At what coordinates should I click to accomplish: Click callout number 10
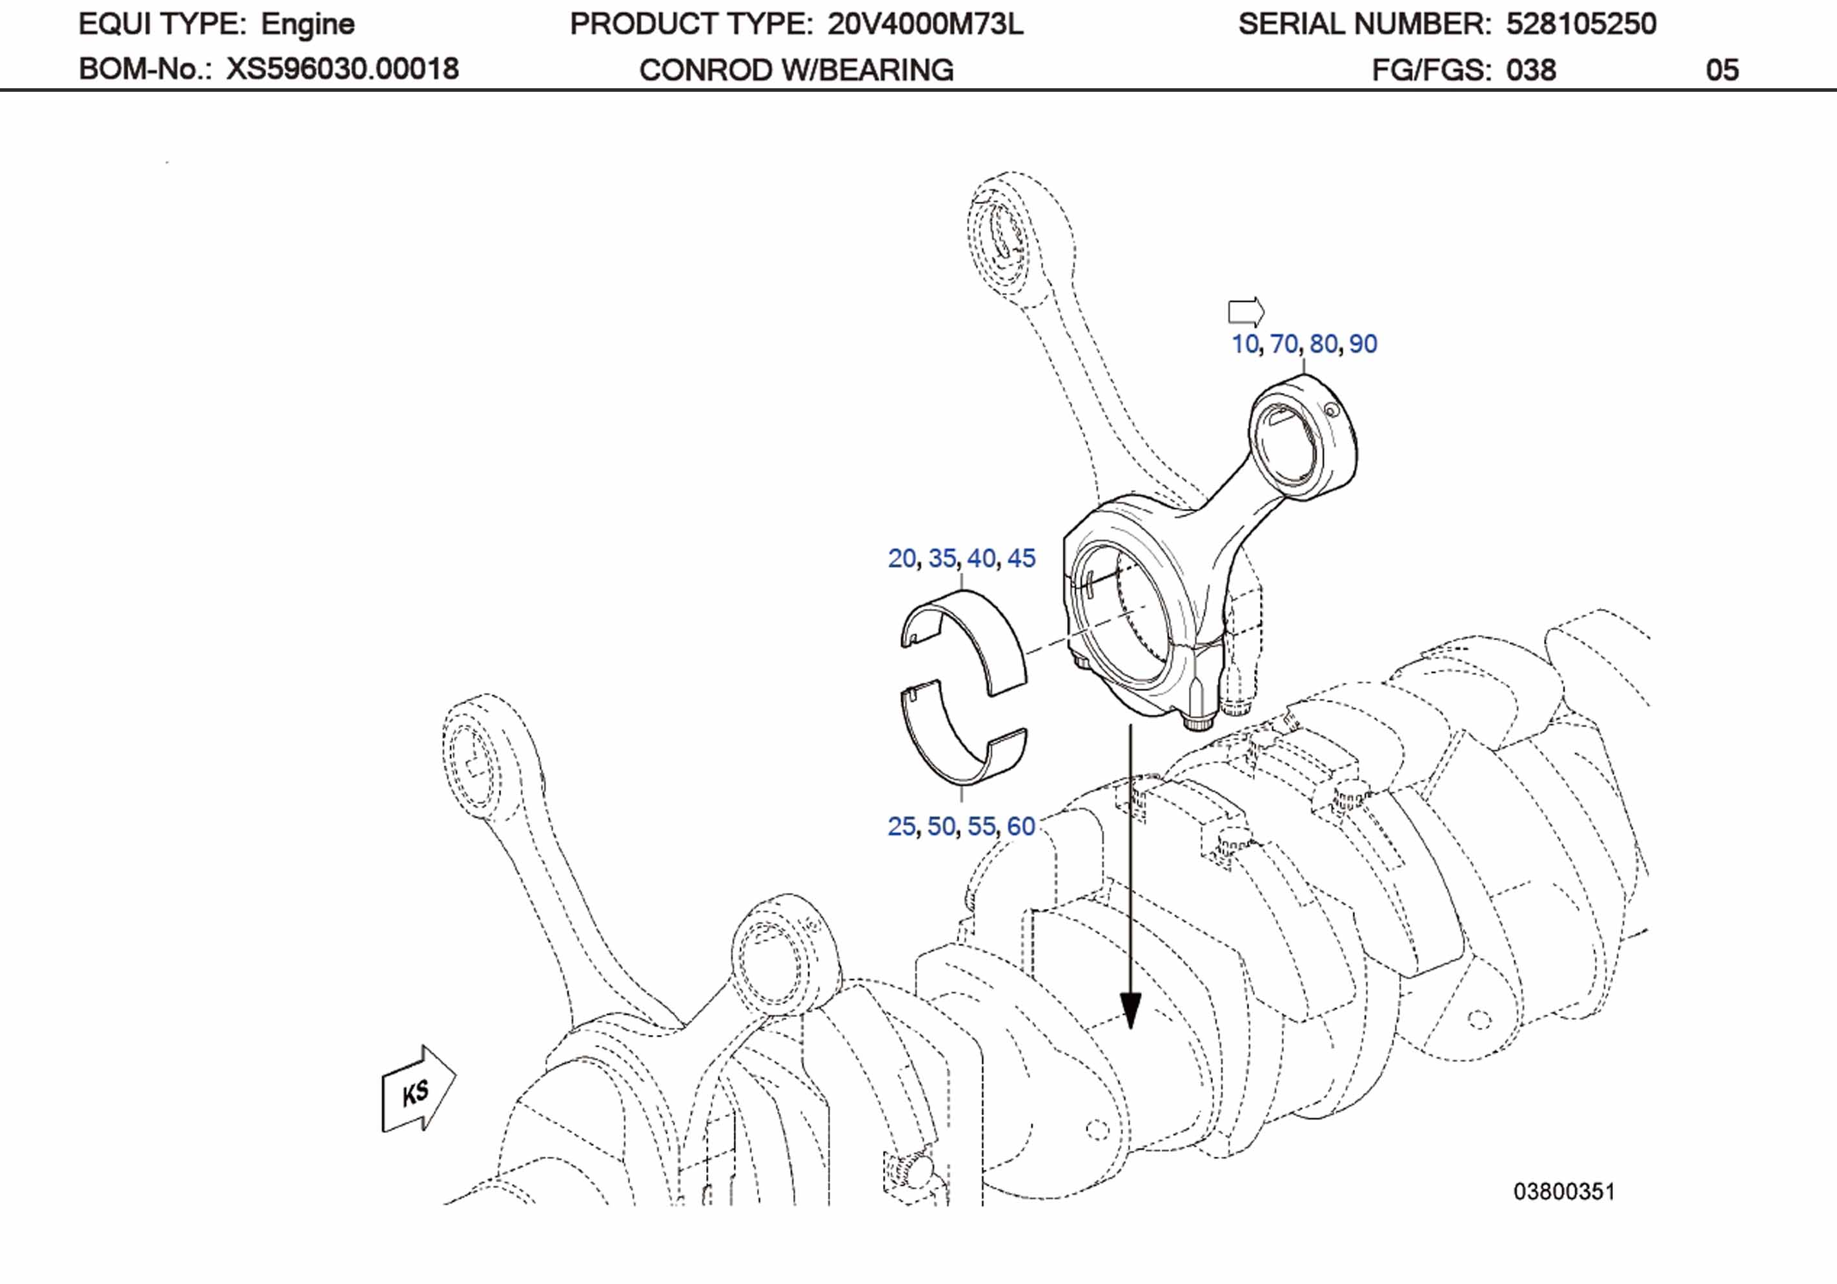click(1244, 344)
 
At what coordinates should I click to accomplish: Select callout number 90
click(1363, 344)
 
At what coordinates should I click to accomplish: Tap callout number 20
click(902, 558)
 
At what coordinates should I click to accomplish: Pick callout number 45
click(1021, 558)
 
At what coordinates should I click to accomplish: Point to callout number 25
click(902, 827)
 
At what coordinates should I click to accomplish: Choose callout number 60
click(1021, 827)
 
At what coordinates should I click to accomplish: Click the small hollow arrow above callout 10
click(1246, 311)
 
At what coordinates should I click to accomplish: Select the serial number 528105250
click(1581, 25)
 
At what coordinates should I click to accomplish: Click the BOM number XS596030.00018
click(343, 70)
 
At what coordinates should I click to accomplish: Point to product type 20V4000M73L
click(925, 25)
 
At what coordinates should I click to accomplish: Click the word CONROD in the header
click(705, 70)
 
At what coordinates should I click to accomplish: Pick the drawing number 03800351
click(1564, 1192)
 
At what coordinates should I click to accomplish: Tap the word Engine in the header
click(307, 25)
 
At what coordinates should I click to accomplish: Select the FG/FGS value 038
click(1530, 70)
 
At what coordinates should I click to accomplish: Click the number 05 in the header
click(1722, 70)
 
